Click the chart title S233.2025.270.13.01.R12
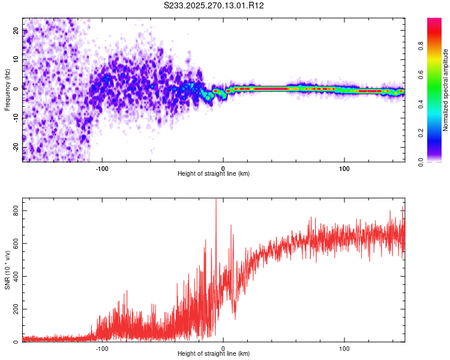click(x=214, y=5)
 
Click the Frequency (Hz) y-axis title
click(x=7, y=90)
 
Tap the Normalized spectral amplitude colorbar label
click(x=446, y=90)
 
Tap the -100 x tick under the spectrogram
click(x=102, y=167)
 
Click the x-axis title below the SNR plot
click(x=214, y=355)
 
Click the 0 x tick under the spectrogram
click(x=223, y=167)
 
